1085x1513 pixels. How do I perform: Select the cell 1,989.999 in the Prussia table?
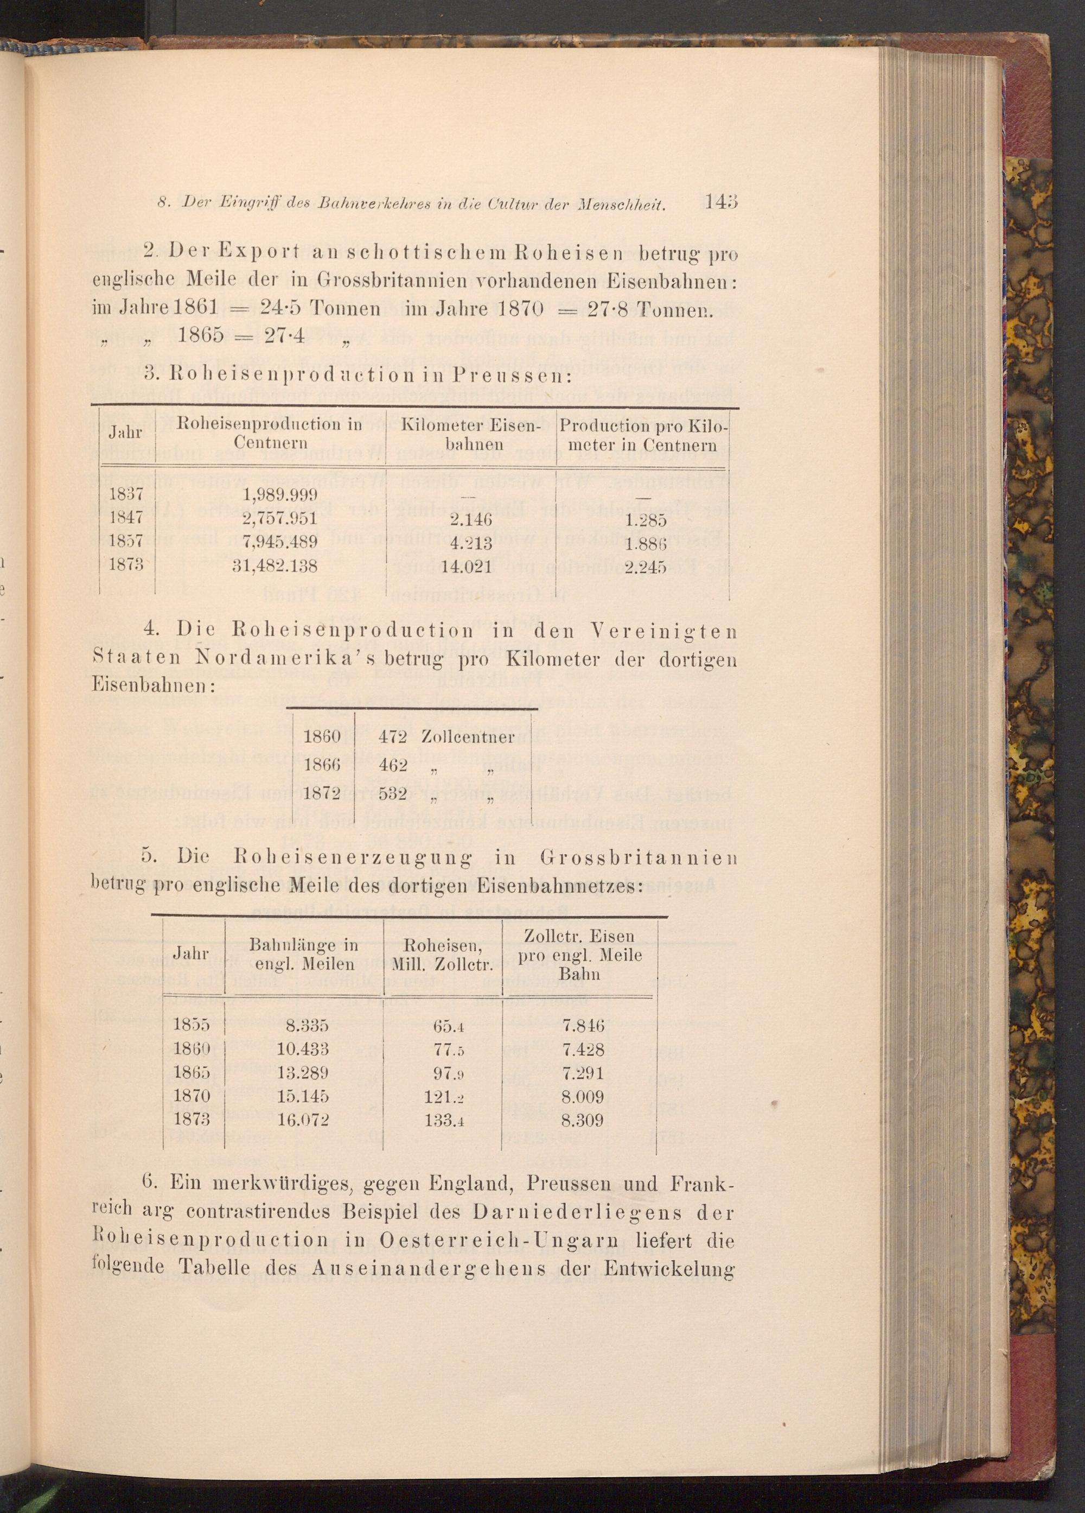[282, 494]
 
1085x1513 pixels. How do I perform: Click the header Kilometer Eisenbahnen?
[471, 434]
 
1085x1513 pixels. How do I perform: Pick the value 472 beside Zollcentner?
[393, 736]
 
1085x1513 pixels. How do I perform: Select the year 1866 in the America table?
[323, 765]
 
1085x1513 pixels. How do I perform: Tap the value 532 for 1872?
[393, 794]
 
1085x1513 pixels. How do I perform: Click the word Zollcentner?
[468, 736]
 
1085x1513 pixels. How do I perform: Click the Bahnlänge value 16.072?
[303, 1120]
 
